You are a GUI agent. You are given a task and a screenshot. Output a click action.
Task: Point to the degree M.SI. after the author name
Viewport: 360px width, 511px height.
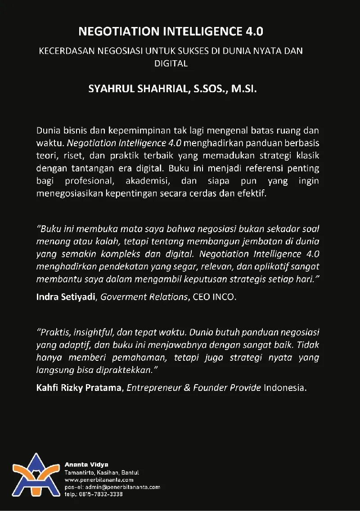tap(244, 89)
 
